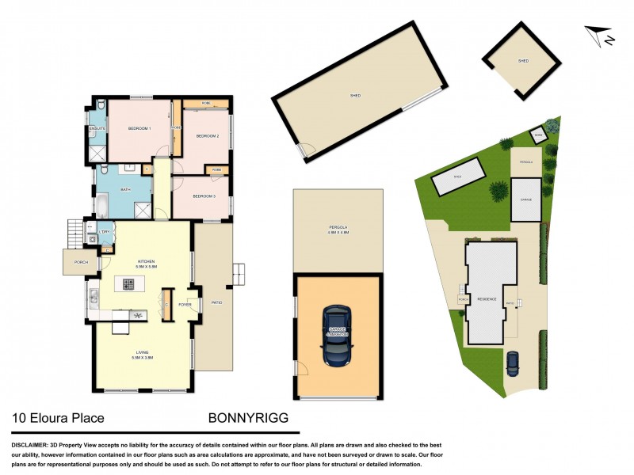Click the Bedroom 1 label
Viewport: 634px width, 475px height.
click(x=139, y=128)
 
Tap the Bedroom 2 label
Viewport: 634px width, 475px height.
click(x=207, y=136)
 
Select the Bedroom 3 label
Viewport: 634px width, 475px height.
click(x=204, y=196)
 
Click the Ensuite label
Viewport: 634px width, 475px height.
click(x=97, y=128)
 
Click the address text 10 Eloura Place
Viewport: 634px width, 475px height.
click(x=57, y=417)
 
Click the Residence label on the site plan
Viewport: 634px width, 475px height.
click(x=486, y=298)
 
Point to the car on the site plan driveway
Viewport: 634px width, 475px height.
click(x=513, y=363)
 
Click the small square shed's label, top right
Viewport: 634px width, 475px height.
click(x=523, y=60)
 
